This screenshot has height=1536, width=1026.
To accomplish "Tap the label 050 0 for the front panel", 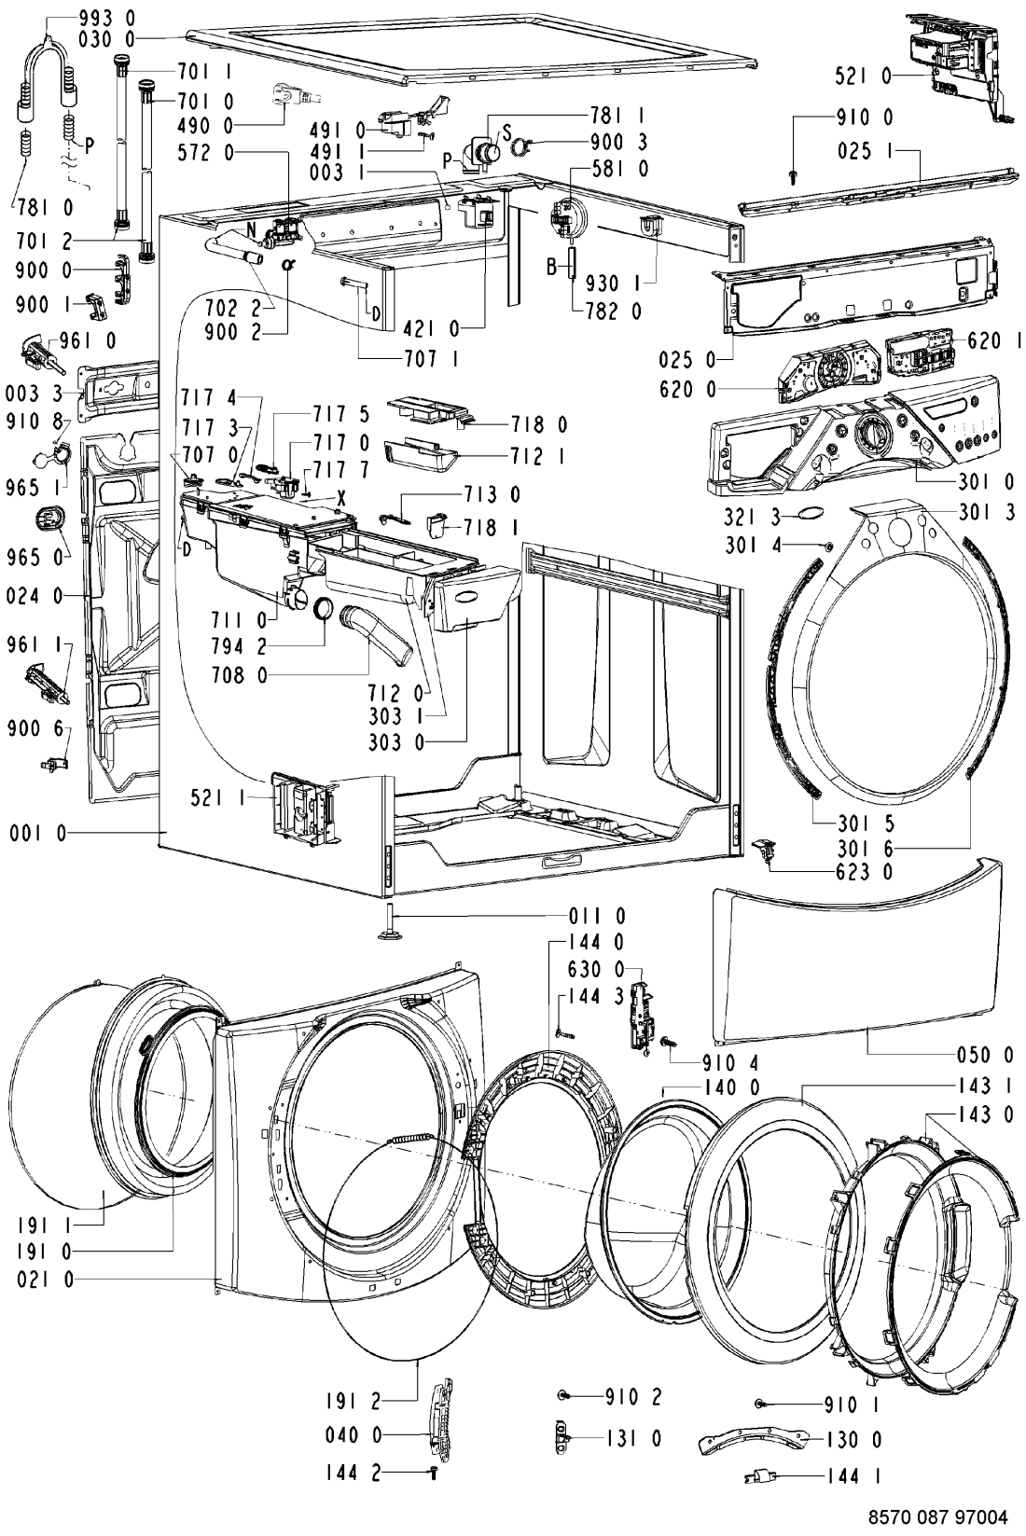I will tap(988, 1055).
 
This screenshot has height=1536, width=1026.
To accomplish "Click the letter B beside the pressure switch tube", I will tap(552, 267).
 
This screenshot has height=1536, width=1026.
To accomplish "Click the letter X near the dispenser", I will tap(341, 500).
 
